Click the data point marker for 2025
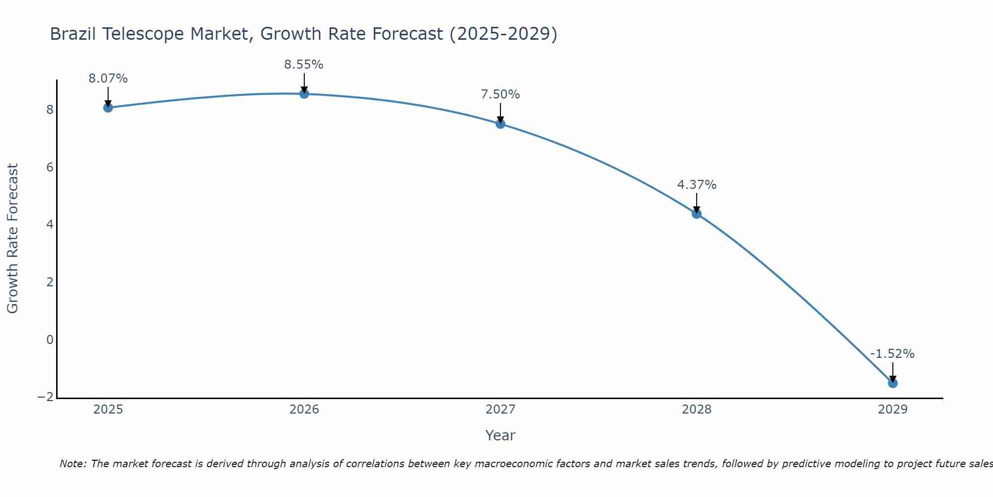(108, 108)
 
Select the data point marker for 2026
(304, 94)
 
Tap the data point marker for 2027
(500, 124)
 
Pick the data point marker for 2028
(697, 214)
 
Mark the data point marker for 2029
(892, 383)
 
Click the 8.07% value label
(108, 79)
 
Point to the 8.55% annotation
(304, 65)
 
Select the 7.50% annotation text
(500, 94)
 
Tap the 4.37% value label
(697, 185)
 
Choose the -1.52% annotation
(892, 354)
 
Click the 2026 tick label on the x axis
(304, 410)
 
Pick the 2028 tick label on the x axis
(697, 410)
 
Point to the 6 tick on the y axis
(50, 167)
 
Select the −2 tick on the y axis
(46, 397)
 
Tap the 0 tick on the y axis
(50, 340)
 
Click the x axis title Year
(500, 435)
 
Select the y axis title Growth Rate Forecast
(13, 239)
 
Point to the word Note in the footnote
(72, 464)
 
